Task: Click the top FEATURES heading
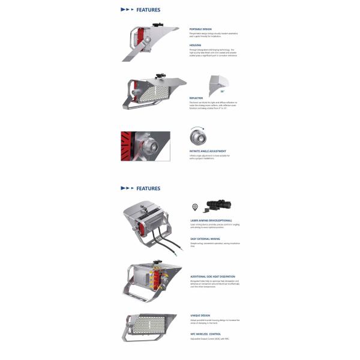(148, 10)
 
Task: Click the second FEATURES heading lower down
(148, 188)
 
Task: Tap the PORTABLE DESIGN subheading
(200, 29)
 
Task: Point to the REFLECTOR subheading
(197, 97)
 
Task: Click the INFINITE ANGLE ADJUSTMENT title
(207, 151)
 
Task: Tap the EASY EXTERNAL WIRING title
(205, 238)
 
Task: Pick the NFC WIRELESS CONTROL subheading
(205, 334)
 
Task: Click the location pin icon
(194, 207)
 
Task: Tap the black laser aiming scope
(219, 205)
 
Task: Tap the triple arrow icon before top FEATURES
(127, 10)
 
